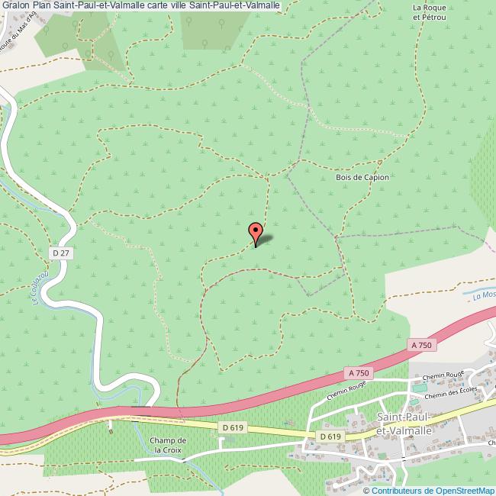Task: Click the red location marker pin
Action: coord(256,231)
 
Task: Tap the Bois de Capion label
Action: coord(362,178)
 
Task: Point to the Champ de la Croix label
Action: coord(169,445)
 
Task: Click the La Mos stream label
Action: coord(484,295)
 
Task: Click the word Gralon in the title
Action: coord(18,5)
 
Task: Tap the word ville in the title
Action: coord(183,5)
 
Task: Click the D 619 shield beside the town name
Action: coord(330,436)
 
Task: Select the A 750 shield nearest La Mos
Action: coord(421,346)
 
